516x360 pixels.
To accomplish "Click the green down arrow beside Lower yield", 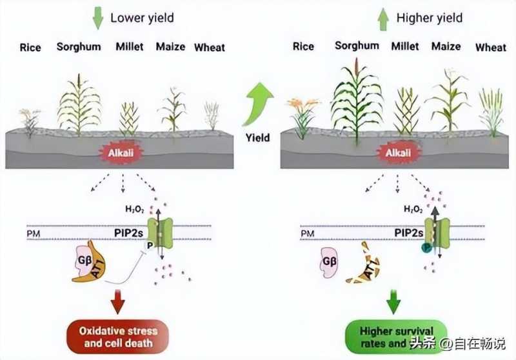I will [x=97, y=18].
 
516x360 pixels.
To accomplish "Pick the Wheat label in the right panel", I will [x=490, y=47].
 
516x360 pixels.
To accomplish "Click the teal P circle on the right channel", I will [x=426, y=247].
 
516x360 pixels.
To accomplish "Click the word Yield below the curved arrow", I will [x=257, y=137].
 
